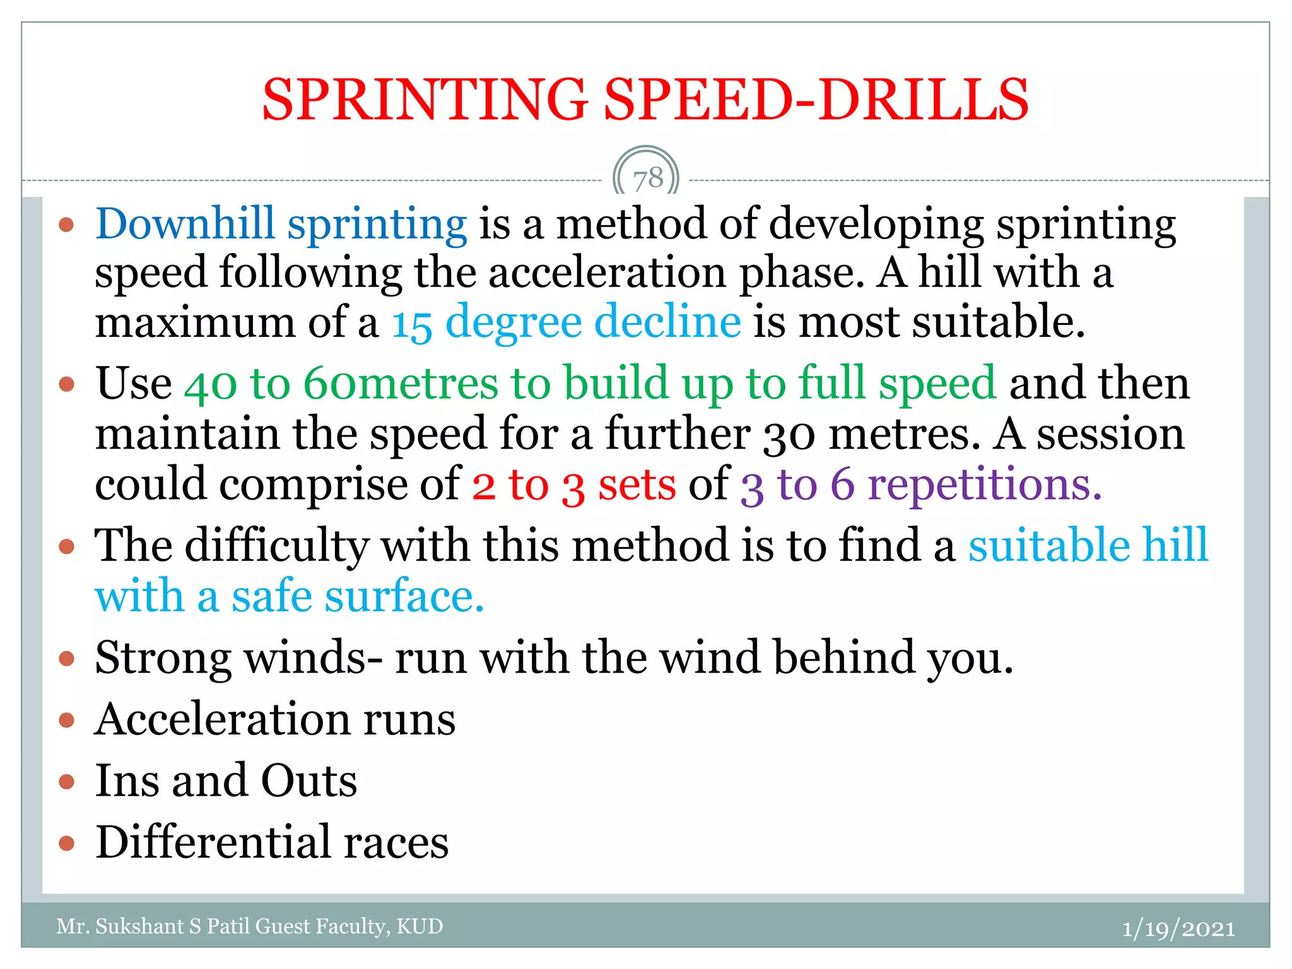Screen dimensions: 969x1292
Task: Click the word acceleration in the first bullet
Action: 607,273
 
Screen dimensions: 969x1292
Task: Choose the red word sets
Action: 637,484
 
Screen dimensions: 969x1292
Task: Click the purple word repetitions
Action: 984,484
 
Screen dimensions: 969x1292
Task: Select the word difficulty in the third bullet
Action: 276,545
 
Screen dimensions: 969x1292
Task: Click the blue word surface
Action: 404,596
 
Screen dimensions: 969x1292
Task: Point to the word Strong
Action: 163,658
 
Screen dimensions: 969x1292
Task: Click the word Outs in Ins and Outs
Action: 309,781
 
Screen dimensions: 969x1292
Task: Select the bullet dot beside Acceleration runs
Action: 67,720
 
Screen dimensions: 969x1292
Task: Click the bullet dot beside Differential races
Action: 67,843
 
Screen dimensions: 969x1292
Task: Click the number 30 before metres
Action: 789,435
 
